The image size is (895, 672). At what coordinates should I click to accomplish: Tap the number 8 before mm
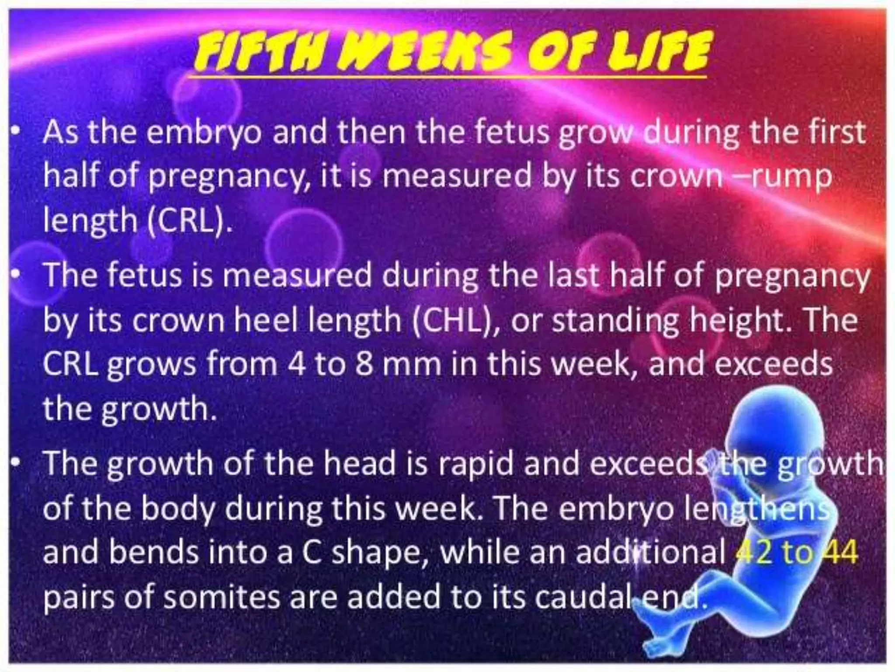point(364,364)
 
